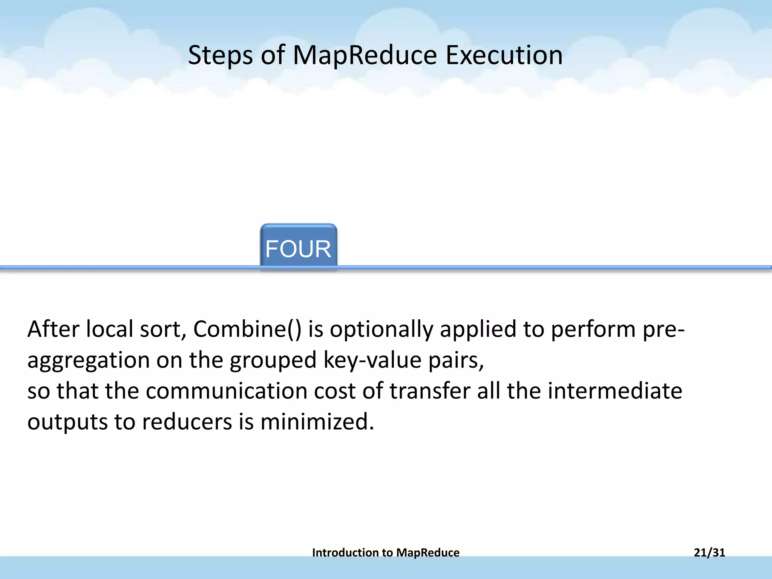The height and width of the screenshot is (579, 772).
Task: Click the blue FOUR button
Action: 298,247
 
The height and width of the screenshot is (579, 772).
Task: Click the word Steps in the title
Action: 220,55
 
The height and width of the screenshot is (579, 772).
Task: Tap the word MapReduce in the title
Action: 365,55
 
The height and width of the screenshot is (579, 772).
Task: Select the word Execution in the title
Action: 504,55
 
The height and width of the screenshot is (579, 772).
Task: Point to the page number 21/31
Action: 709,553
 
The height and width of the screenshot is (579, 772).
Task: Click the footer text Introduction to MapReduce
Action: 386,553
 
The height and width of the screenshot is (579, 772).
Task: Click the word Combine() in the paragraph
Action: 247,329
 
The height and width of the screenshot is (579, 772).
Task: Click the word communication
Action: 226,391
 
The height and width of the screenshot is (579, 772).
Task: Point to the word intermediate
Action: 614,391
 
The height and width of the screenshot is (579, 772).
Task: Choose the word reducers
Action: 187,421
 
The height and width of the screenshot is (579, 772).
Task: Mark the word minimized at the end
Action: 317,421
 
